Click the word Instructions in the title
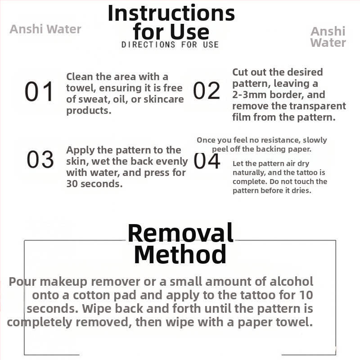point(171,13)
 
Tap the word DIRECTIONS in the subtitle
point(148,45)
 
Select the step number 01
point(39,91)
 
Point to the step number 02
point(207,90)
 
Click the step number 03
point(40,159)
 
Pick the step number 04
point(207,161)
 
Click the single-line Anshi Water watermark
point(45,29)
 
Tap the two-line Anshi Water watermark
point(328,37)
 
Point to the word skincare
point(164,99)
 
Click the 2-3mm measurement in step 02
point(249,94)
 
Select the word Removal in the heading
point(180,233)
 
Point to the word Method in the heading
point(180,254)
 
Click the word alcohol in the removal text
point(291,281)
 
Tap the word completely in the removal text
point(40,322)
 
